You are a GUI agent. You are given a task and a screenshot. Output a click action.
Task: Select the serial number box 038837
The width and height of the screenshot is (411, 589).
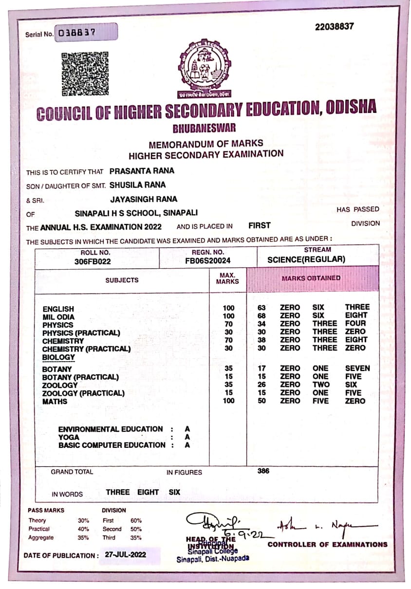coord(86,33)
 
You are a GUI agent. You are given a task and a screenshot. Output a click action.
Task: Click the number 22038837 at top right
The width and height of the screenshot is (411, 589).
coord(335,26)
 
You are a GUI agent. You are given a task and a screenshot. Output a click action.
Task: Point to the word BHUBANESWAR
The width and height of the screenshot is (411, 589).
coord(204,129)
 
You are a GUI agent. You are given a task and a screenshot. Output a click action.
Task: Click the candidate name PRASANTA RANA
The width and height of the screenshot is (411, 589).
coord(142,171)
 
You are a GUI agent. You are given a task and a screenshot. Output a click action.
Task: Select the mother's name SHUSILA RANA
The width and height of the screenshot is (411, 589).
coord(137,185)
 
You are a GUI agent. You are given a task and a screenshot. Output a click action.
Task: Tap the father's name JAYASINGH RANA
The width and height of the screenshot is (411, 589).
coord(144,199)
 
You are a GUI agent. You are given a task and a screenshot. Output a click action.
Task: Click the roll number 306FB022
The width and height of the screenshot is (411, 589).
coord(93,261)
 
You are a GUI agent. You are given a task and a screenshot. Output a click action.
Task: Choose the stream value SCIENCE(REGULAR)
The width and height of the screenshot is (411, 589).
coord(306,259)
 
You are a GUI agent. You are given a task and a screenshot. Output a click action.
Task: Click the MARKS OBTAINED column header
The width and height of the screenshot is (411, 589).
coord(311,278)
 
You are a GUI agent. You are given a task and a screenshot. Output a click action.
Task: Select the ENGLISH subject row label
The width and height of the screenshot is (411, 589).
coord(58,309)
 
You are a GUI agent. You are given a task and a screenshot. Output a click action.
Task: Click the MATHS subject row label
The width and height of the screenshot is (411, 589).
coord(55,401)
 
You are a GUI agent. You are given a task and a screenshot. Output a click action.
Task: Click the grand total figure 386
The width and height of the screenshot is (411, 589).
coord(263,471)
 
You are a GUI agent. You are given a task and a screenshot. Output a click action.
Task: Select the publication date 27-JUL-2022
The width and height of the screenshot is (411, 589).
coord(123,554)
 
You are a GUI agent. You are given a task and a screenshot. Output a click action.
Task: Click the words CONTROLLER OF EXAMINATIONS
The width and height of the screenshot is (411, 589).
coord(327,544)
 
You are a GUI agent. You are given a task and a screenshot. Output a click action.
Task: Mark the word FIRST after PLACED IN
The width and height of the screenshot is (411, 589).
coord(259,225)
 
